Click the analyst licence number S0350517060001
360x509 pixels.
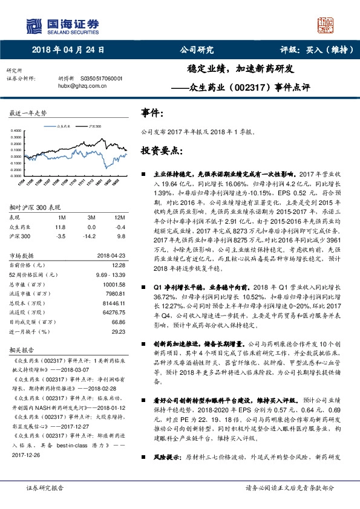pyautogui.click(x=101, y=79)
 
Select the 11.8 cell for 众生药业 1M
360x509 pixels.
pyautogui.click(x=60, y=226)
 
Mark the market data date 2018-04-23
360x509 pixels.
pyautogui.click(x=111, y=255)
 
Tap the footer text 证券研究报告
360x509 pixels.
pyautogui.click(x=44, y=487)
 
